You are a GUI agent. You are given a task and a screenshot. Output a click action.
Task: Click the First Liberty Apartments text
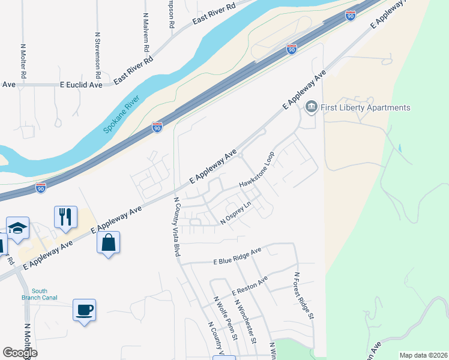(366, 107)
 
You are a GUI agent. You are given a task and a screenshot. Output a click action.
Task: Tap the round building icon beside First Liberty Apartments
(312, 108)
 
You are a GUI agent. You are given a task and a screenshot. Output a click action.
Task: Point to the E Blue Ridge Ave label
(238, 257)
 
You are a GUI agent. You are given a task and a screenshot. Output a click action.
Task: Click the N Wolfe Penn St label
(226, 318)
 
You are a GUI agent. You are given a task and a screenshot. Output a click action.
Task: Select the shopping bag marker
(108, 242)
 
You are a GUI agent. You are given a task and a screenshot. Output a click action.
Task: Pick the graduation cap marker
(18, 228)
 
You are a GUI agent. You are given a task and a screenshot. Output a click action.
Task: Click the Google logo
(20, 353)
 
